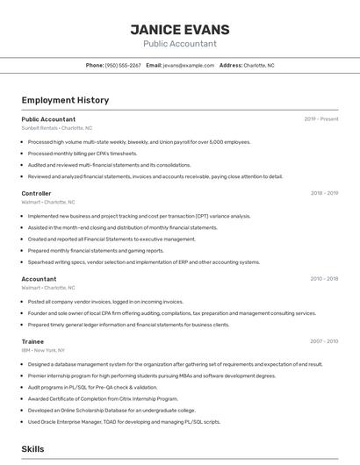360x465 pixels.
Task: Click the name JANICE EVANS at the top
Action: point(179,29)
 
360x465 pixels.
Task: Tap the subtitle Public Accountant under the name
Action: point(179,44)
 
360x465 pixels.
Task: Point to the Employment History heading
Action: point(65,100)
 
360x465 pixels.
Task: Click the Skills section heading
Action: point(32,448)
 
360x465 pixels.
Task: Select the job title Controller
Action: point(36,193)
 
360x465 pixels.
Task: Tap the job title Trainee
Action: point(32,341)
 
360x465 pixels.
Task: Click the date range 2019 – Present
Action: point(321,119)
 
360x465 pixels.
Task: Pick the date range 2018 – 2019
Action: point(324,193)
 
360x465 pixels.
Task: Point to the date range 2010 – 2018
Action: point(324,279)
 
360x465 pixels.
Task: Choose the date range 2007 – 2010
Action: point(324,341)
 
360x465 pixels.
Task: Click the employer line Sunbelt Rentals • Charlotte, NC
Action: point(56,128)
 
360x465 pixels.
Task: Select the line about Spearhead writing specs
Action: point(144,261)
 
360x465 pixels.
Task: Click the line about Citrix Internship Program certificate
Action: point(103,398)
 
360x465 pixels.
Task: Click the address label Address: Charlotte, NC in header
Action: point(247,66)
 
